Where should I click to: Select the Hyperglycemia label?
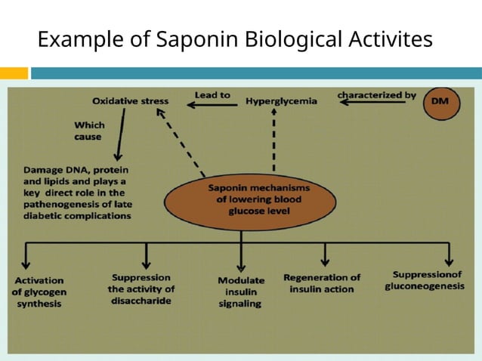[x=281, y=100]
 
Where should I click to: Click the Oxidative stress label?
[x=130, y=100]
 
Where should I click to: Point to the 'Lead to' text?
[x=212, y=95]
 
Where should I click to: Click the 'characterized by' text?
[x=376, y=95]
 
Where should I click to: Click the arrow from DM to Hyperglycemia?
[x=373, y=105]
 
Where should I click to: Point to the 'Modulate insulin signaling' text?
[x=241, y=292]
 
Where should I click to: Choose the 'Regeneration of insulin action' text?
[x=322, y=282]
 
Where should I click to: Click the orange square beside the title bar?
[x=14, y=73]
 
